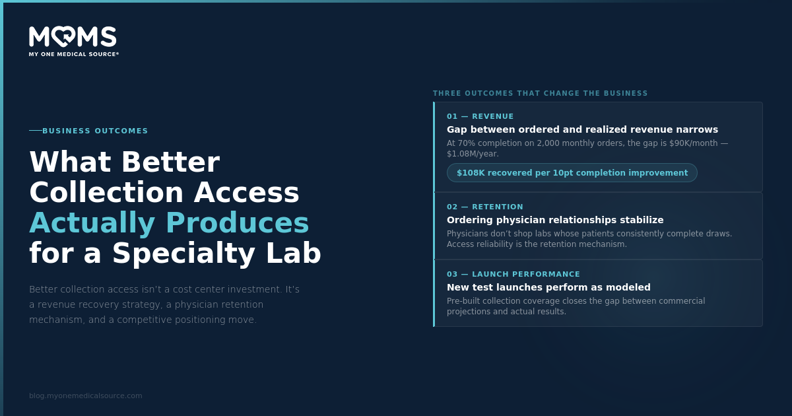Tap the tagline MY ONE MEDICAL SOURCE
click(x=73, y=54)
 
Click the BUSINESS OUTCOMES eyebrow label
click(x=95, y=131)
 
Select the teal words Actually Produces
click(x=169, y=223)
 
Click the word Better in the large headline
click(x=170, y=162)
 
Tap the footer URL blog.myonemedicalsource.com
click(x=86, y=396)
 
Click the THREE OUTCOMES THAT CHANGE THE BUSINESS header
click(x=541, y=93)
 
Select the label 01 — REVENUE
click(x=480, y=116)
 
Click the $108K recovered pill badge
click(x=572, y=172)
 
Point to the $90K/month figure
click(x=694, y=143)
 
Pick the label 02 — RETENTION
click(x=484, y=207)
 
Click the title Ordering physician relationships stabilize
click(x=555, y=220)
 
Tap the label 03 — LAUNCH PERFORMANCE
click(x=513, y=274)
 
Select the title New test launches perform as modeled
click(x=548, y=287)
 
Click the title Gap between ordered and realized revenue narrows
click(x=582, y=129)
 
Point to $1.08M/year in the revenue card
click(x=473, y=154)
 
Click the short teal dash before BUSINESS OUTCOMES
click(x=36, y=131)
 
